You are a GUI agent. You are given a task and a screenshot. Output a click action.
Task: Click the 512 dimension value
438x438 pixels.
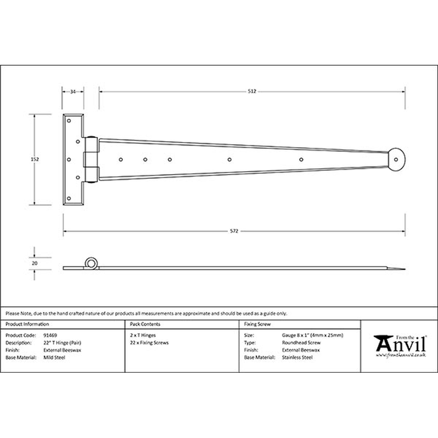pyautogui.click(x=252, y=92)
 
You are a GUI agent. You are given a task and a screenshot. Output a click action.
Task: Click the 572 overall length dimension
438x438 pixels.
pyautogui.click(x=234, y=231)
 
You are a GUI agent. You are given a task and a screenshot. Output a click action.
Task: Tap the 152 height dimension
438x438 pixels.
pyautogui.click(x=35, y=159)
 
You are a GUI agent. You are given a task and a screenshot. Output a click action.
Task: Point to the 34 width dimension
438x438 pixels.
pyautogui.click(x=73, y=92)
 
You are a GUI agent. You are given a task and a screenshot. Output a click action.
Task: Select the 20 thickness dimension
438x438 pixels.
pyautogui.click(x=35, y=263)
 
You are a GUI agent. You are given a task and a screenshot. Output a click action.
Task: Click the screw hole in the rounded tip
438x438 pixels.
pyautogui.click(x=396, y=159)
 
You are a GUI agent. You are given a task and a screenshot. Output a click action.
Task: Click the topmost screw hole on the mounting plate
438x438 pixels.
pyautogui.click(x=69, y=121)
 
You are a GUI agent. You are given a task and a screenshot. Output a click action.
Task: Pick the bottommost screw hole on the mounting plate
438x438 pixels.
pyautogui.click(x=69, y=198)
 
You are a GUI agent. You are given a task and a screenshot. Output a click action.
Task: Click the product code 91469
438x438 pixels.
pyautogui.click(x=50, y=335)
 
